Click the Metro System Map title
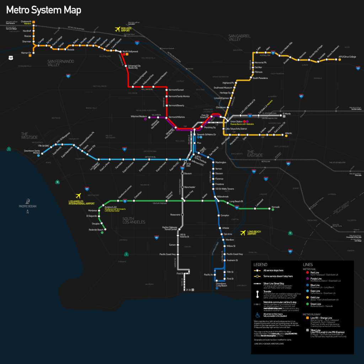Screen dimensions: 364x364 (x=44, y=10)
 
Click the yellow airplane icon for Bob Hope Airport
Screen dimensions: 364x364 (x=117, y=29)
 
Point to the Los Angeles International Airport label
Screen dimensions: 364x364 (x=81, y=203)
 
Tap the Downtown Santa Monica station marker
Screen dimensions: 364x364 (x=43, y=154)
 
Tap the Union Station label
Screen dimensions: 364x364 (x=236, y=122)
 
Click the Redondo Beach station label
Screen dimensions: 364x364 (x=96, y=230)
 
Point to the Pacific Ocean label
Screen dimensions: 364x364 (x=28, y=206)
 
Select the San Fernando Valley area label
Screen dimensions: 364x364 (x=61, y=63)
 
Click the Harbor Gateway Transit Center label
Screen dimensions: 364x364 (x=170, y=228)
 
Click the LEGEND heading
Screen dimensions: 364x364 (x=259, y=264)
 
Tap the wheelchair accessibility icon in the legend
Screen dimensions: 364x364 (x=258, y=315)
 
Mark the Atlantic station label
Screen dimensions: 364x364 (x=288, y=133)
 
